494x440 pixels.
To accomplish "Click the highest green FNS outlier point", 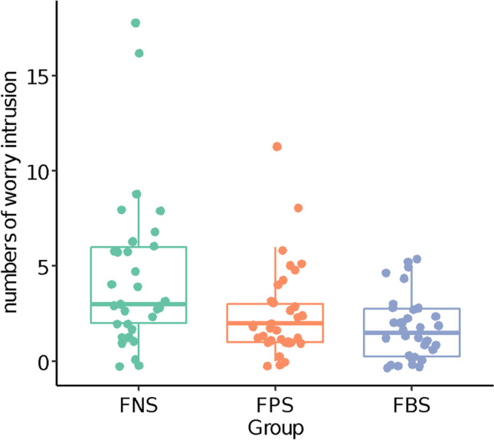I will click(136, 23).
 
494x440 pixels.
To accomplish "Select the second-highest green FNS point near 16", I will click(139, 53).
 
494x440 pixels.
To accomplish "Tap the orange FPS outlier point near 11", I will click(276, 146).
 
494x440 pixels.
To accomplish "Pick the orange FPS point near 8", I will click(298, 208).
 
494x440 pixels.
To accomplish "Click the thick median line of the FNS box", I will click(139, 304).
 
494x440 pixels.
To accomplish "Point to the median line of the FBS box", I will click(412, 333).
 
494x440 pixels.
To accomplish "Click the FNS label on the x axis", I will click(139, 403).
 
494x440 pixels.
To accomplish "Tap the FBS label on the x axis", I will click(412, 403).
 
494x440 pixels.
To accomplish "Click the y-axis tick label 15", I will click(37, 77).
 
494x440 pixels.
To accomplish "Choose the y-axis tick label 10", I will click(37, 171).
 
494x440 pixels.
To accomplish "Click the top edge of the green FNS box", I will click(139, 247).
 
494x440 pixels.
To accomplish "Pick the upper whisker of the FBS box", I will click(412, 284).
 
